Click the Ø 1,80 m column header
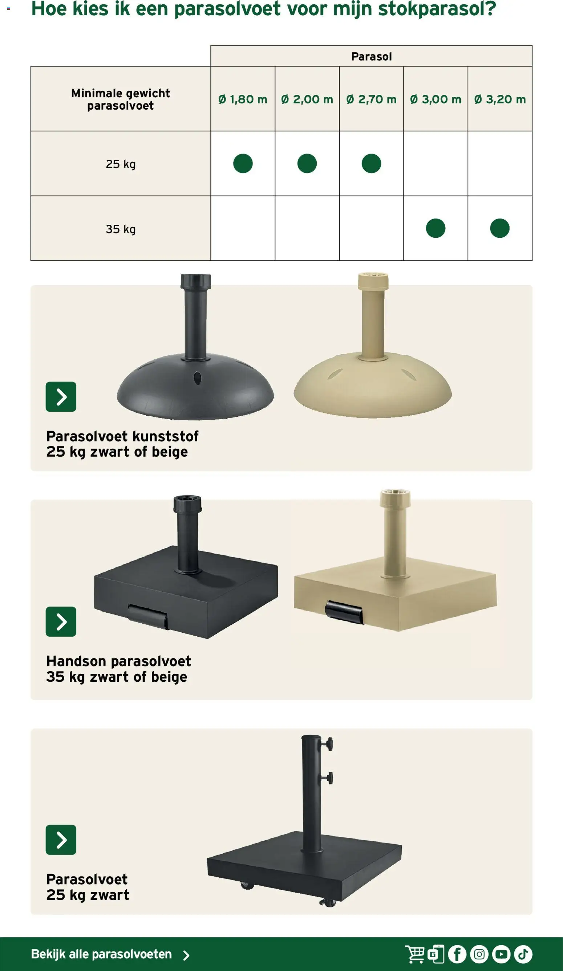pos(243,99)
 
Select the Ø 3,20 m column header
pos(500,99)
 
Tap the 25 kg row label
pos(121,164)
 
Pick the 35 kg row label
pos(121,229)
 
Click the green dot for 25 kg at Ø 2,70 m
pos(371,163)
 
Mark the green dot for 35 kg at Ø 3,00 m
pos(436,228)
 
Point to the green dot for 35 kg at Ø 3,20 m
pos(500,228)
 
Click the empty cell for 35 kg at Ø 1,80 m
pos(243,228)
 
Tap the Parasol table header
pos(371,56)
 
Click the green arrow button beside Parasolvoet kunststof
pos(61,396)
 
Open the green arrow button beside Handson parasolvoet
pos(61,621)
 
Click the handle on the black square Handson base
pos(148,617)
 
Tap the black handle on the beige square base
pos(344,612)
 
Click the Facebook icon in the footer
pos(457,954)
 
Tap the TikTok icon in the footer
pos(523,954)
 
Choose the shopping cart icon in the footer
pos(415,954)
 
